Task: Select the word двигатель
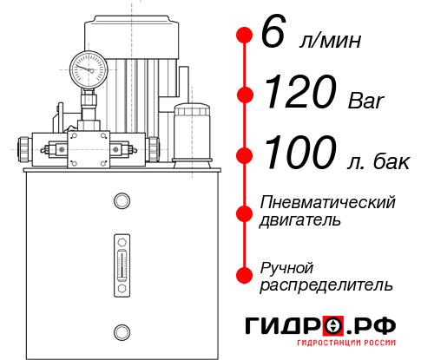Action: [x=299, y=220]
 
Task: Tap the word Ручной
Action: [x=287, y=266]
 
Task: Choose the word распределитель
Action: [x=326, y=285]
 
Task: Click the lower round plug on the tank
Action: [x=121, y=330]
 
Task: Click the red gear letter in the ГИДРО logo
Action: [x=332, y=325]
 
